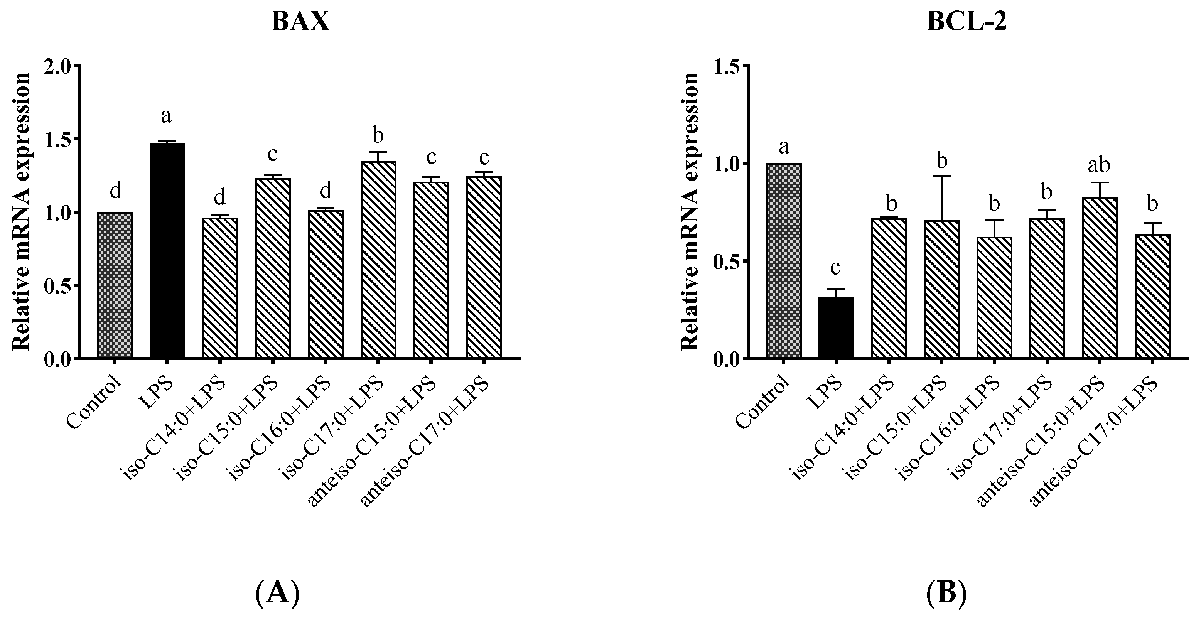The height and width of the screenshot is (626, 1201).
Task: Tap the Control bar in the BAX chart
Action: tap(115, 285)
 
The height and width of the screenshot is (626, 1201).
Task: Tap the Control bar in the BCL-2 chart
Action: tap(784, 261)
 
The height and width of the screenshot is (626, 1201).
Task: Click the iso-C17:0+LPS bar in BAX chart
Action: tap(378, 260)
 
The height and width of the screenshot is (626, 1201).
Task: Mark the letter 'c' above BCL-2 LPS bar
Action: tap(835, 268)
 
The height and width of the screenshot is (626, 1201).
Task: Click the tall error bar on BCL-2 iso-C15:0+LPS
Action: tap(942, 198)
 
